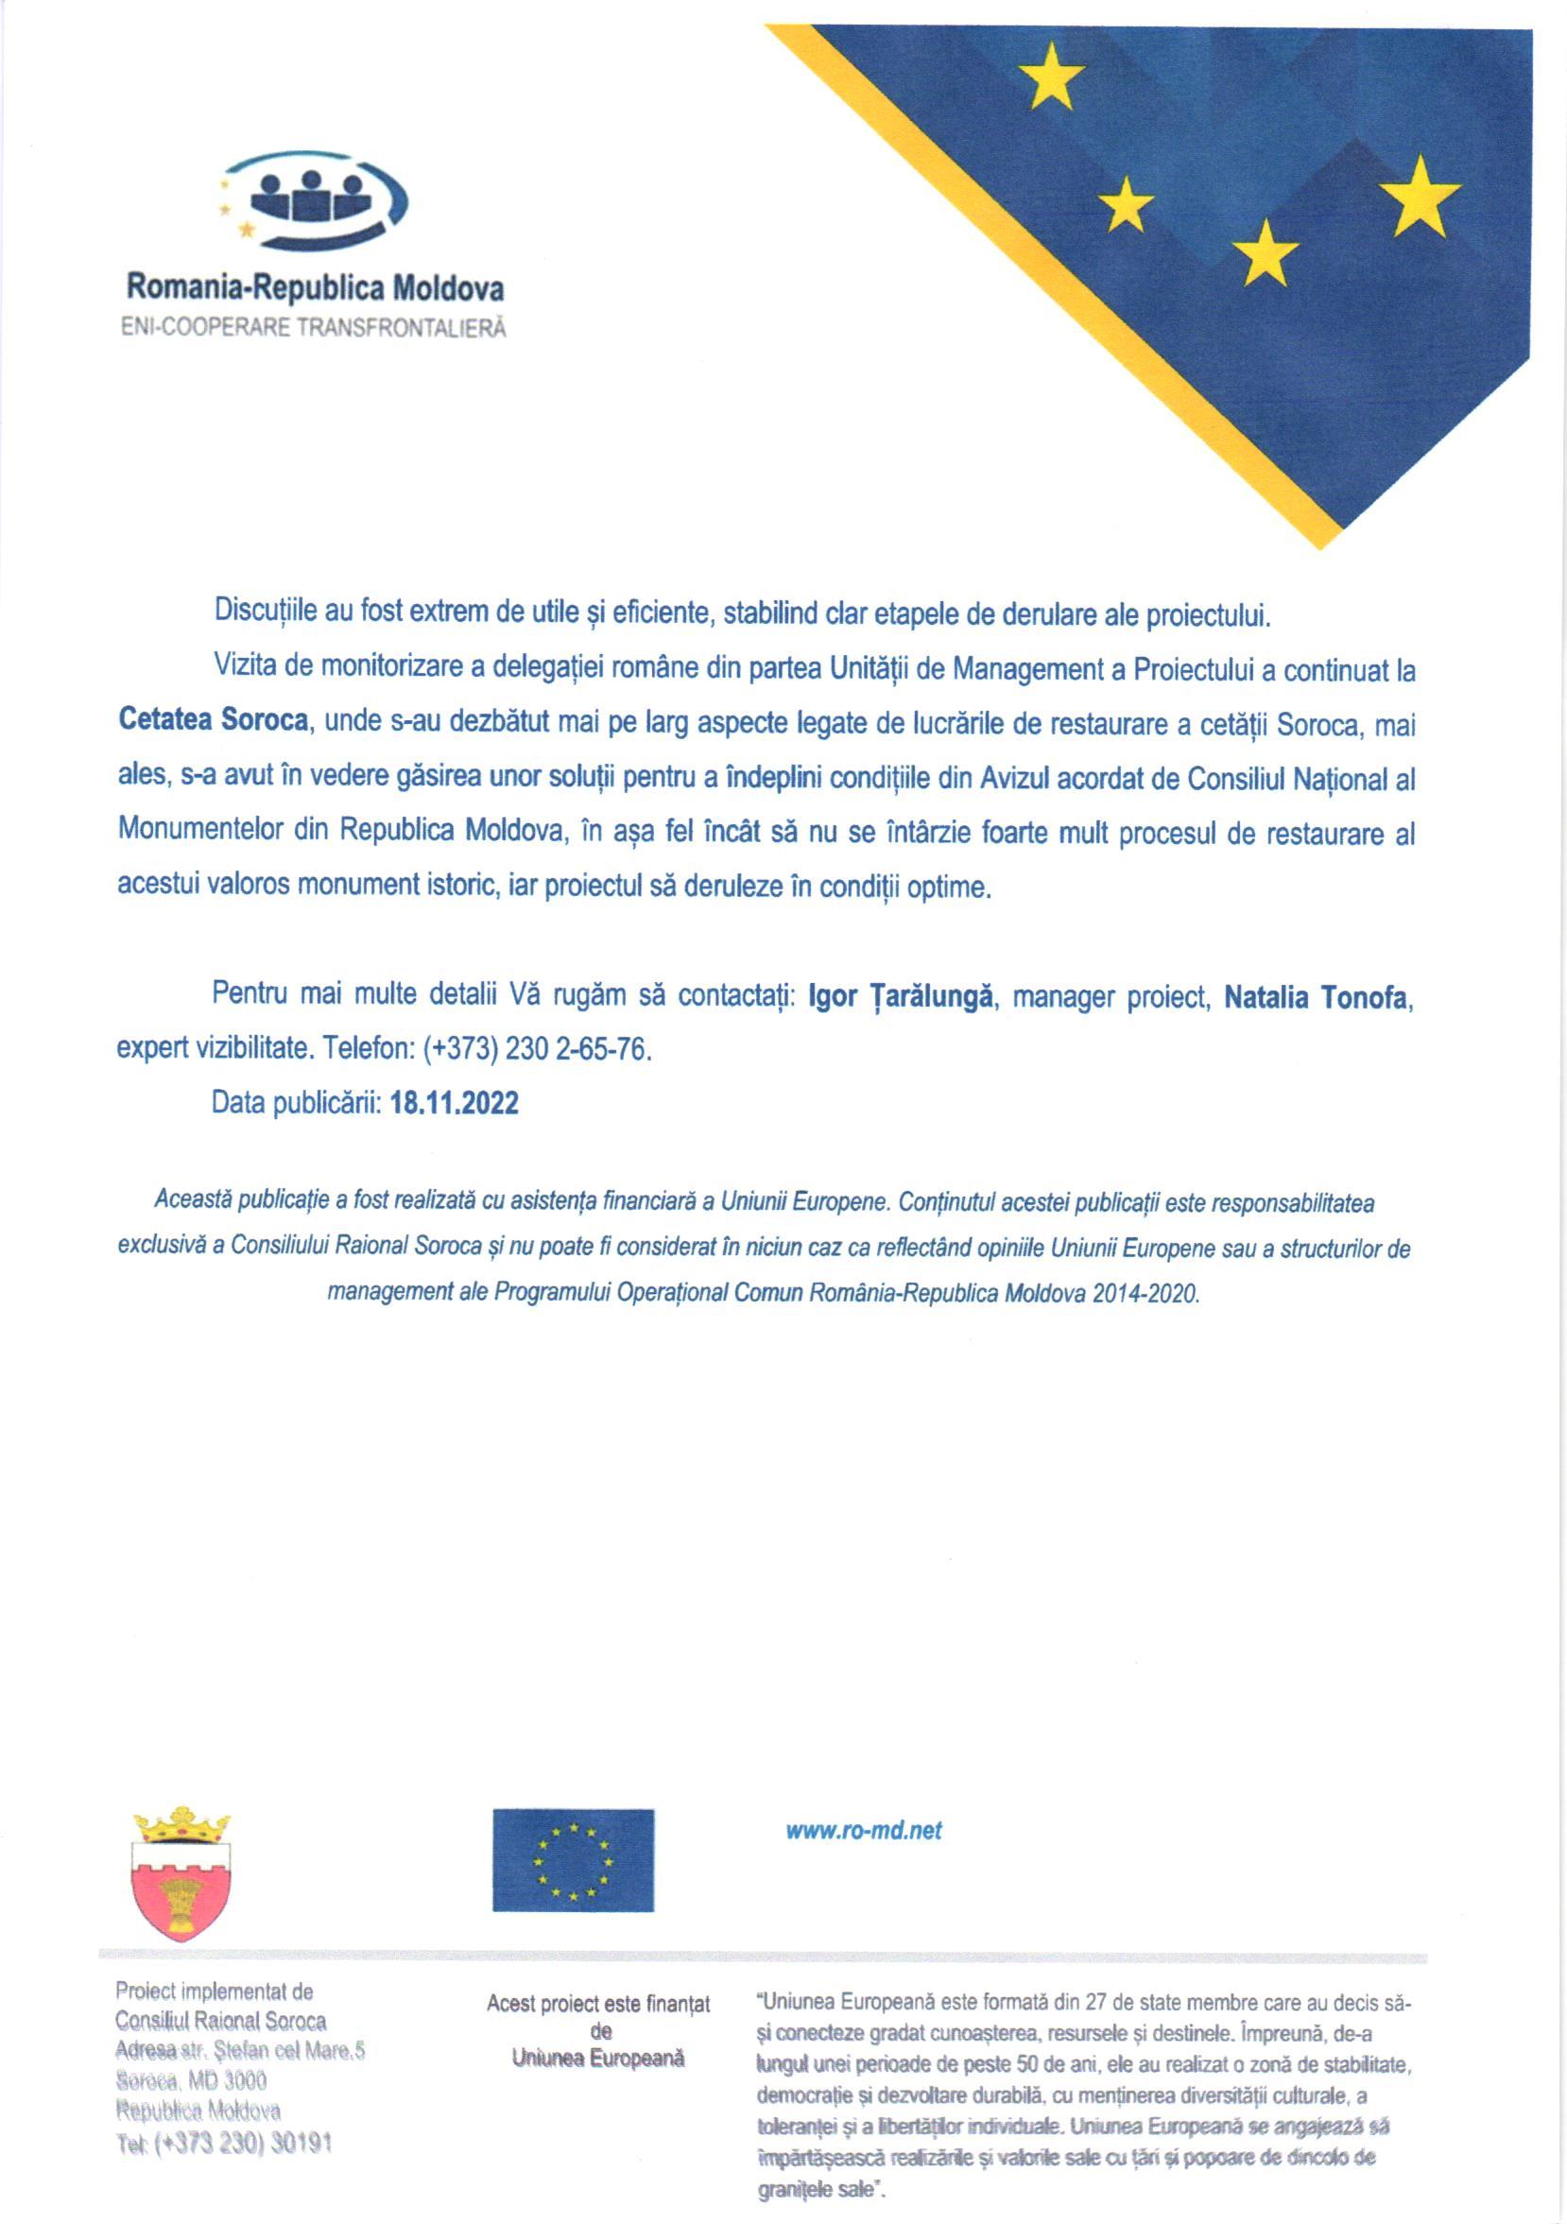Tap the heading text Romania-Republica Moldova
(x=315, y=287)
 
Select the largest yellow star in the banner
(x=1419, y=197)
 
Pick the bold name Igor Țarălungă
(x=900, y=997)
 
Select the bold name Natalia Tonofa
(x=1315, y=997)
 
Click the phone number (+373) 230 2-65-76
(x=537, y=1049)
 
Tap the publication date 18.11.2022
(x=454, y=1102)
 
